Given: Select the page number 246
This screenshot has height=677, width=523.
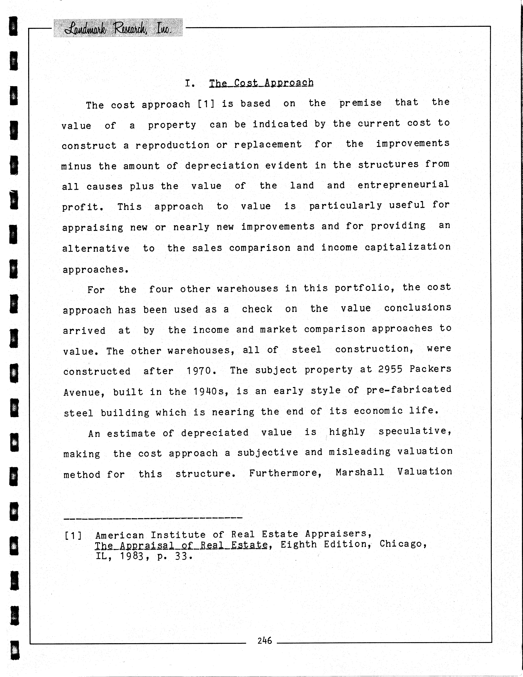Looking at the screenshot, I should click(x=264, y=640).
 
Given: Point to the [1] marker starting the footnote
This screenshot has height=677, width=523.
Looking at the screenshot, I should click(x=73, y=535).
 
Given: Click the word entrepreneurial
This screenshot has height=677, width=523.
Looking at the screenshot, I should click(x=403, y=185).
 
